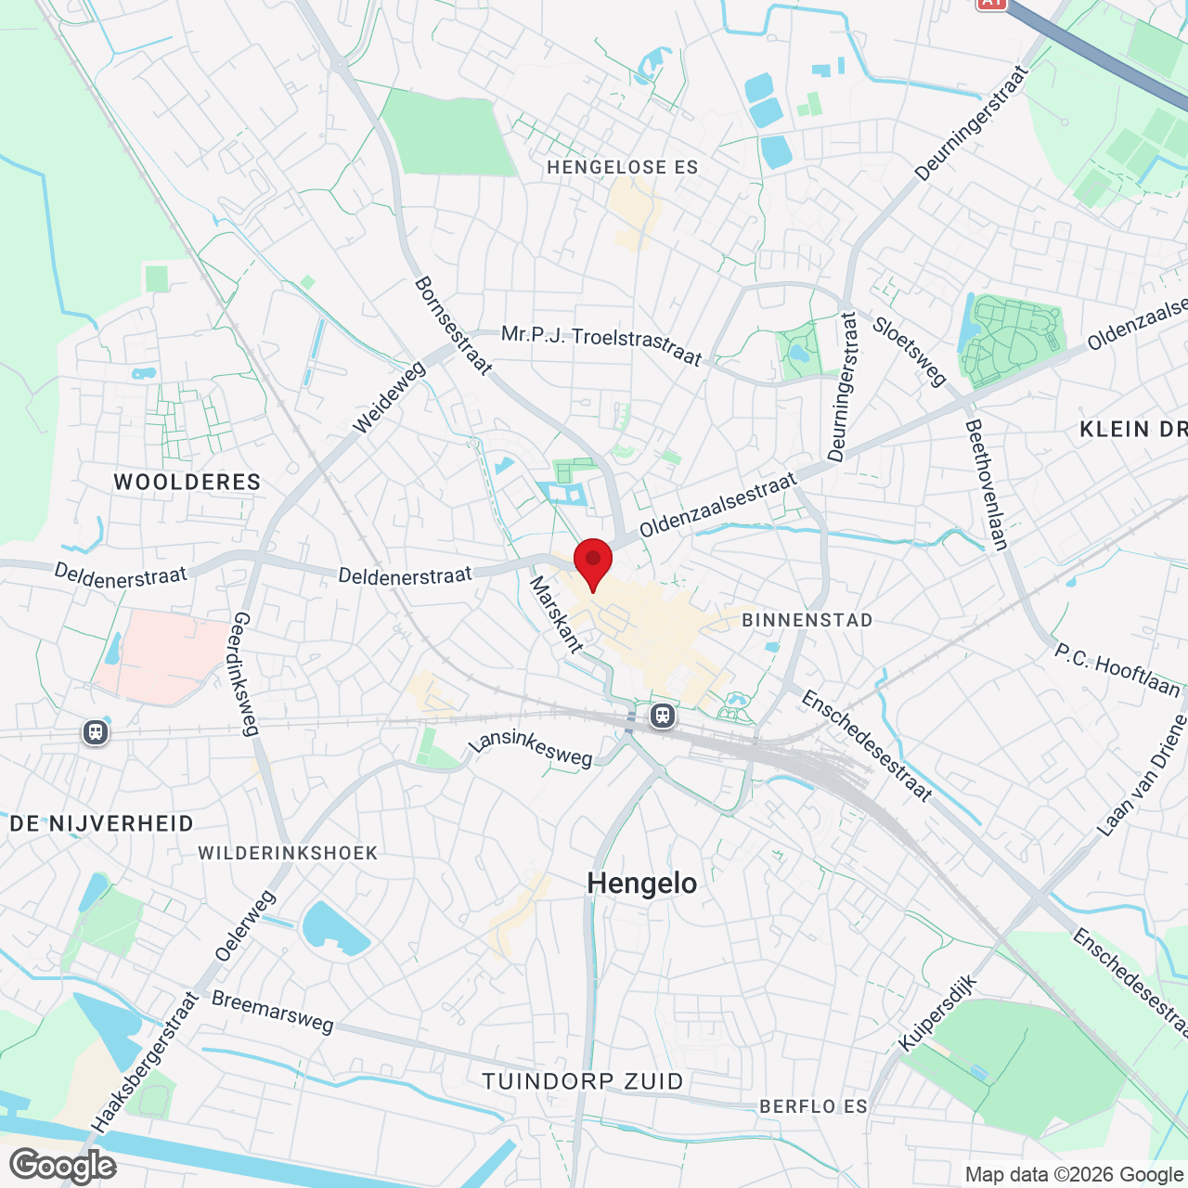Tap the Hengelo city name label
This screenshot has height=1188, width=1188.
[x=642, y=884]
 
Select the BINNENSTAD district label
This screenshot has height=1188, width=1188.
[x=807, y=620]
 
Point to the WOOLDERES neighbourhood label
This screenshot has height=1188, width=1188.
[x=187, y=482]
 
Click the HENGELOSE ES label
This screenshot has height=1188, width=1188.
[x=622, y=167]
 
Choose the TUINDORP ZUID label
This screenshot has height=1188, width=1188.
[x=583, y=1081]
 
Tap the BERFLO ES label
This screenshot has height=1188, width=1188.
[x=813, y=1106]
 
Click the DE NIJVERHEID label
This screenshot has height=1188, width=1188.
[x=102, y=823]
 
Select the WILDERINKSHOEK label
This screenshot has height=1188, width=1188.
[x=288, y=853]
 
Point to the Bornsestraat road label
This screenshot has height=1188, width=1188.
[x=453, y=326]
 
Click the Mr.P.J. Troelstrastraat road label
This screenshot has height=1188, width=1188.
[x=601, y=345]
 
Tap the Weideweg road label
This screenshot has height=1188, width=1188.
[x=390, y=397]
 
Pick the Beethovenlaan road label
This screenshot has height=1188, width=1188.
[x=987, y=484]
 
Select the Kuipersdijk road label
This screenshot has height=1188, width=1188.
[x=938, y=1013]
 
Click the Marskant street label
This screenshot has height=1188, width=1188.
[x=556, y=614]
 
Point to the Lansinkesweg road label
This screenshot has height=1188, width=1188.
[x=530, y=749]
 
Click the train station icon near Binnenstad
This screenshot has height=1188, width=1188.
[x=662, y=716]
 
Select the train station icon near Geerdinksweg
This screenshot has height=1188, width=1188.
[x=96, y=732]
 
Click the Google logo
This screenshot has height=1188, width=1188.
[x=63, y=1166]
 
